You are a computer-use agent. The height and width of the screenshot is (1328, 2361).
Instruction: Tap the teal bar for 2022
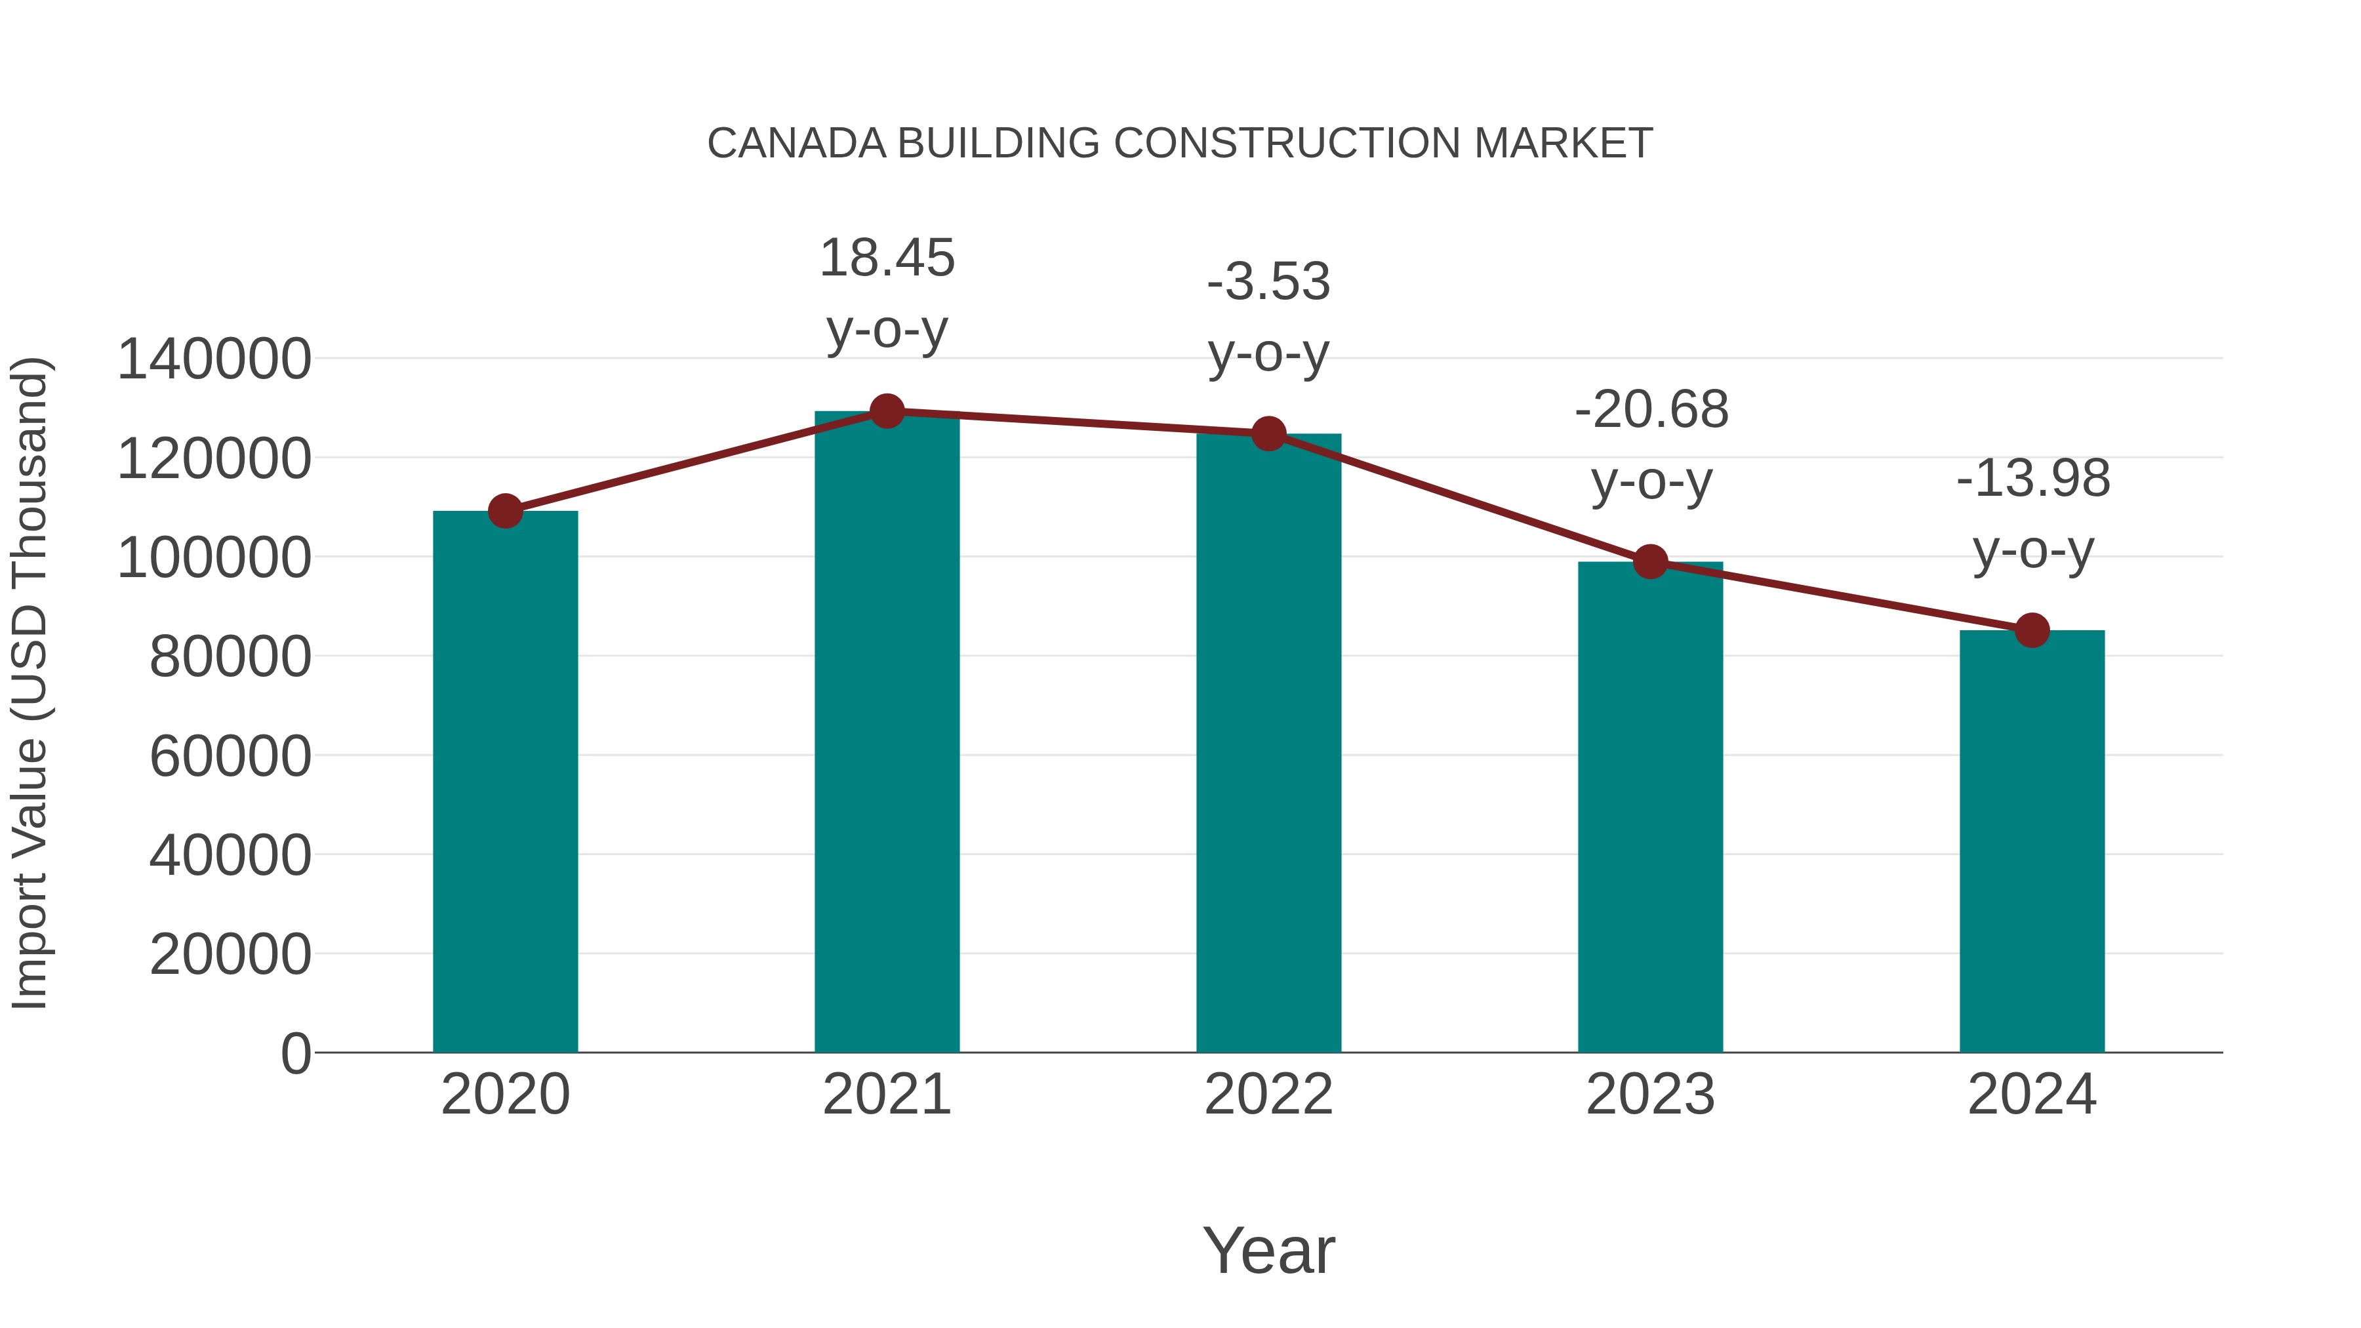coord(1268,742)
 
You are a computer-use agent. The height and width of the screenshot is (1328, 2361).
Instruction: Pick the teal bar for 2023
coord(1650,807)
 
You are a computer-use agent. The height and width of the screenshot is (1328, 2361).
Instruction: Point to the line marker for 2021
coord(886,411)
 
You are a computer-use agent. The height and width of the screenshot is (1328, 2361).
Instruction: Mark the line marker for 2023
coord(1650,562)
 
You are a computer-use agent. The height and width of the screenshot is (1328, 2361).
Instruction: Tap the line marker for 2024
coord(2032,630)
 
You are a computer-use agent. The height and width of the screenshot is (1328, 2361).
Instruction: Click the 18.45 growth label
coord(886,258)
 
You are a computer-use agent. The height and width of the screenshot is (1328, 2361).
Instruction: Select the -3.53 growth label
coord(1268,282)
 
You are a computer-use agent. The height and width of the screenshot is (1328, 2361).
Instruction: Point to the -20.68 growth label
coord(1651,410)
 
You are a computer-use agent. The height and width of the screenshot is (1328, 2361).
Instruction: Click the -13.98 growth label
coord(2033,479)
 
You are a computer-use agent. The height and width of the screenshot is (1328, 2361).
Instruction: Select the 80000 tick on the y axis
coord(230,656)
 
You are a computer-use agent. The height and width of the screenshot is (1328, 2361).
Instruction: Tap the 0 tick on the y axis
coord(295,1053)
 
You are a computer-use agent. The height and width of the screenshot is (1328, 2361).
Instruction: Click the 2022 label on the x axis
coord(1268,1095)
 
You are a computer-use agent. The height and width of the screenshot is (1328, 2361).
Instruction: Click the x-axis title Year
coord(1268,1250)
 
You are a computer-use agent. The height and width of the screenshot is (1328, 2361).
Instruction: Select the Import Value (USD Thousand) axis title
coord(30,683)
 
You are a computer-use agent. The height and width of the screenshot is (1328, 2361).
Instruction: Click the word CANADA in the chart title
coord(796,144)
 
